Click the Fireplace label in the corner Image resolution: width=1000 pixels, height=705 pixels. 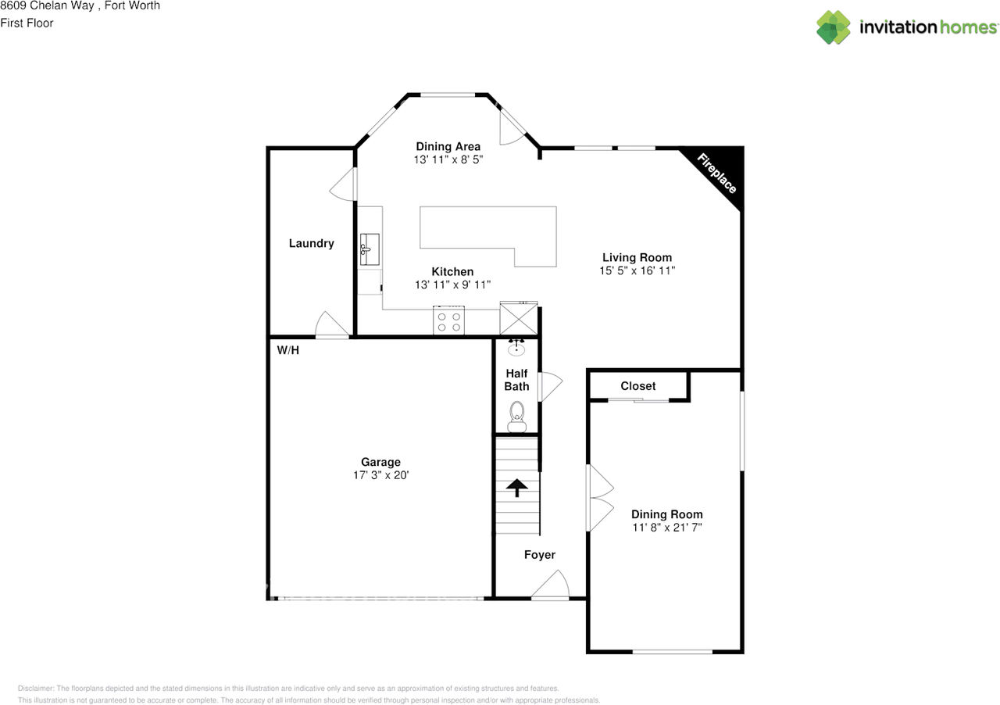coord(716,173)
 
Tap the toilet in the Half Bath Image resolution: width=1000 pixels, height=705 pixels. coord(517,415)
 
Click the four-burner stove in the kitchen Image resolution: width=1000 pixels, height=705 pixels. coord(449,321)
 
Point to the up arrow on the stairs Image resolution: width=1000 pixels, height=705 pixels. coord(516,488)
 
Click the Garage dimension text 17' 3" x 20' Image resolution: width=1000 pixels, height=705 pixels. coord(380,475)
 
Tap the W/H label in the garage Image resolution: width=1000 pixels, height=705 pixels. coord(288,350)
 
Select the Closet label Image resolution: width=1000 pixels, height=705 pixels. coord(638,386)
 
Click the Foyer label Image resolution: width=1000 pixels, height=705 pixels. coord(539,555)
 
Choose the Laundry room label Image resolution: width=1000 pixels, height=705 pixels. coord(311,243)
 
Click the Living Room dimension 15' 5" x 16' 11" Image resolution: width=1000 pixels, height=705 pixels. coord(637,270)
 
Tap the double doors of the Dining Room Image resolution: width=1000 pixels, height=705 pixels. coord(599,499)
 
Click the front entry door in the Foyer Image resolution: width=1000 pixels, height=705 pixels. coord(552,585)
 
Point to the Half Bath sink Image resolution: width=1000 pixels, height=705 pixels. coord(516,348)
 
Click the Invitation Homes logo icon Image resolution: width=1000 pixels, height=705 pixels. coord(834,27)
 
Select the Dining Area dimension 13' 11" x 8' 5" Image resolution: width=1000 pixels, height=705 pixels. coord(448,159)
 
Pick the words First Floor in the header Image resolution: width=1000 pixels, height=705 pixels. coord(27,23)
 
